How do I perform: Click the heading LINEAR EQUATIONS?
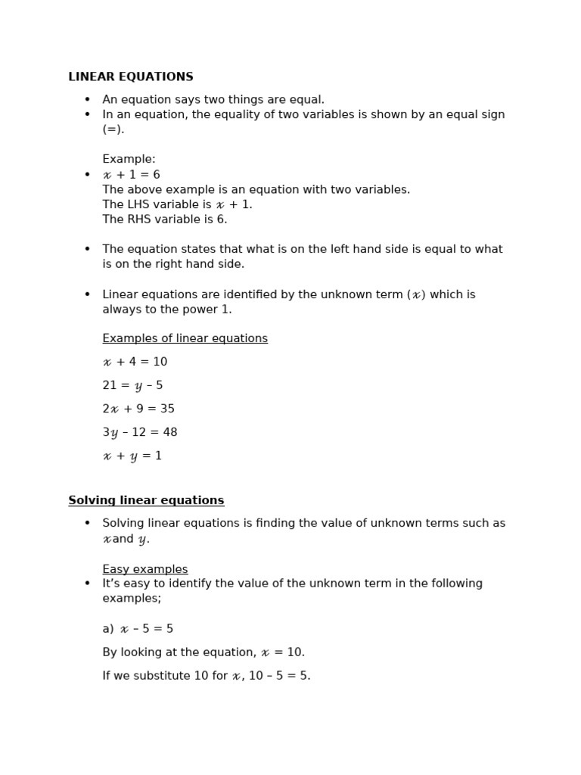pos(131,77)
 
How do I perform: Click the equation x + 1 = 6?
pos(132,175)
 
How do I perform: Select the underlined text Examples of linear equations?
pos(185,338)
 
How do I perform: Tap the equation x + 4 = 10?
pos(135,362)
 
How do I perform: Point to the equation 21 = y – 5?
pos(132,385)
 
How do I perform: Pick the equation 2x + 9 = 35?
pos(138,409)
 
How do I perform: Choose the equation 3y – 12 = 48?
pos(140,432)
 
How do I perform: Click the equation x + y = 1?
pos(132,456)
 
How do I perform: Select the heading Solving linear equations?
pos(146,500)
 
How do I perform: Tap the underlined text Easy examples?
pos(145,569)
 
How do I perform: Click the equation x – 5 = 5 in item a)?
pos(147,629)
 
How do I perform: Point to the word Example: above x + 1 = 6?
pos(129,159)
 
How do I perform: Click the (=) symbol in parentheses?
pos(113,129)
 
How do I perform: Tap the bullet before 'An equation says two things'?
pos(87,99)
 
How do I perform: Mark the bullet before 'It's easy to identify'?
pos(87,584)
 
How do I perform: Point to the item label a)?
pos(108,629)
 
